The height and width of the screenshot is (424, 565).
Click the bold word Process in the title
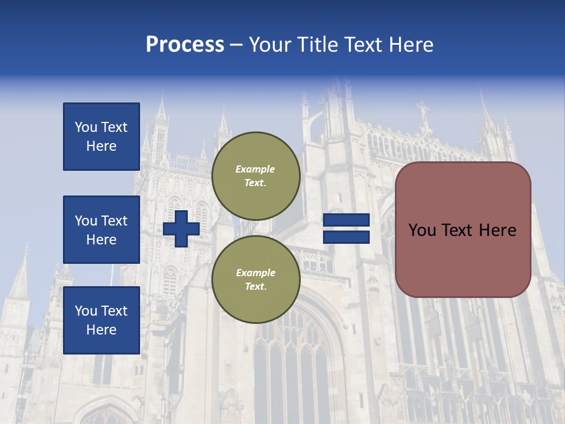[185, 45]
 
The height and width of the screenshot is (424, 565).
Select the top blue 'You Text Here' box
[101, 137]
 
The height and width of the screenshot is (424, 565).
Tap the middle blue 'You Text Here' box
[101, 230]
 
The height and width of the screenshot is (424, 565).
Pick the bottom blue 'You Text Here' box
[101, 320]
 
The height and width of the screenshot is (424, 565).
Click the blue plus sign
[181, 228]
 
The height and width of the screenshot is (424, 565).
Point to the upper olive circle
[255, 176]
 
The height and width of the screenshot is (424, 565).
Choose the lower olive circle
[255, 280]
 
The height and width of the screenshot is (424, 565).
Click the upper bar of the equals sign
[346, 220]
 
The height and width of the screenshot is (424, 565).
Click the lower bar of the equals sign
[346, 237]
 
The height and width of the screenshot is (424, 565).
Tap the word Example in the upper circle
[255, 169]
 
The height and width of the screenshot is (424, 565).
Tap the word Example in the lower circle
[255, 273]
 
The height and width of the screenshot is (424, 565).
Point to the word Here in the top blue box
[101, 146]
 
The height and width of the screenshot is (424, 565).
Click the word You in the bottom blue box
[86, 311]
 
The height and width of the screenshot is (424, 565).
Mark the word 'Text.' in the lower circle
[255, 287]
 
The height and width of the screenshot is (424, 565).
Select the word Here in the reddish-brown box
[498, 230]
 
